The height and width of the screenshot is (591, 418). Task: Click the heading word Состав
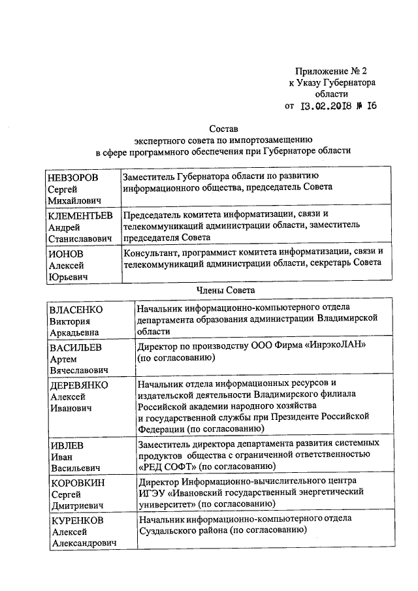(224, 129)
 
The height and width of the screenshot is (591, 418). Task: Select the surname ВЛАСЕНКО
(77, 308)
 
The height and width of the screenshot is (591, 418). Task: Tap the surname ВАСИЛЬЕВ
(78, 346)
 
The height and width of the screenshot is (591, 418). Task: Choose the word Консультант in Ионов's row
(152, 252)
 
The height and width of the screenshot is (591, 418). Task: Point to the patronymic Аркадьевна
(77, 332)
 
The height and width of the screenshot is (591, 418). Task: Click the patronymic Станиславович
(81, 238)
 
